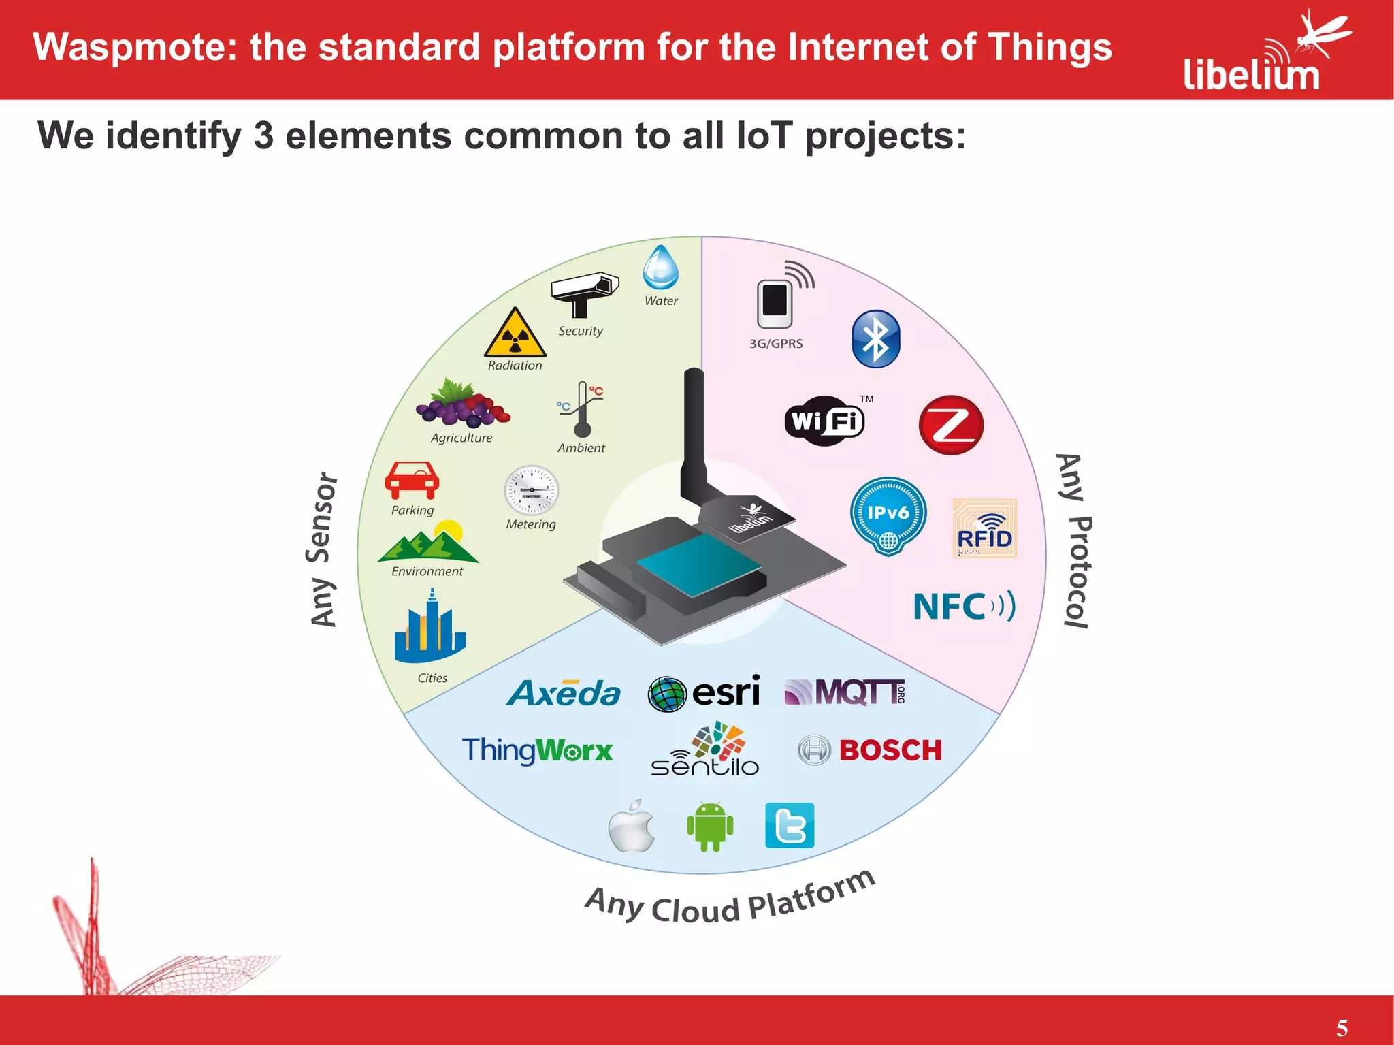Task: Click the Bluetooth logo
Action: [875, 339]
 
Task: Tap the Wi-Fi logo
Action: [824, 421]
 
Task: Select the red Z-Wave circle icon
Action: [951, 425]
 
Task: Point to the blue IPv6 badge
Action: [888, 515]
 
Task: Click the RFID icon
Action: [984, 529]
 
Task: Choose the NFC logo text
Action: [962, 606]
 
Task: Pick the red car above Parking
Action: [412, 480]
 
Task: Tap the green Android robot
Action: [710, 826]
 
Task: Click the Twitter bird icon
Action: [790, 826]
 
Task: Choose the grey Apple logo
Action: [632, 826]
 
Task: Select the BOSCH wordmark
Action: [890, 750]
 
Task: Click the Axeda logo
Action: [564, 694]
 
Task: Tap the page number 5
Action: [1342, 1027]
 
